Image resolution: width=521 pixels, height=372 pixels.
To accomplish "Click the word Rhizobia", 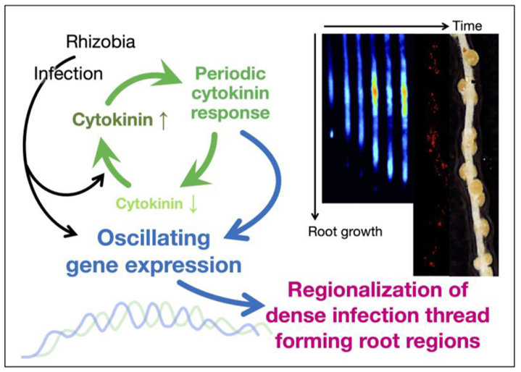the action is point(101,42).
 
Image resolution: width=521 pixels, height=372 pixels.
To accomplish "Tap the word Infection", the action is point(68,74).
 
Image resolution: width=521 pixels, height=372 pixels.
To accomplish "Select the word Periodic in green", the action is point(230,74).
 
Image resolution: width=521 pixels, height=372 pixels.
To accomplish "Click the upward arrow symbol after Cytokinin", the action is point(163,120).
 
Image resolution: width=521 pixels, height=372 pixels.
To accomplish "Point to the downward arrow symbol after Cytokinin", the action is point(193,204).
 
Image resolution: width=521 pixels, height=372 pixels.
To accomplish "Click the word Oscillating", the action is point(154,239).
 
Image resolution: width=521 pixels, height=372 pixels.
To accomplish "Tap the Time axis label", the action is point(467,26).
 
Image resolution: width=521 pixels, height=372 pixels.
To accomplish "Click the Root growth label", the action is point(345,232).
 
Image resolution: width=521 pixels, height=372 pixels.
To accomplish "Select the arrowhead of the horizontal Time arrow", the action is point(445,26).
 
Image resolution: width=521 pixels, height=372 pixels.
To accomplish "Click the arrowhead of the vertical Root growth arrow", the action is point(315,216).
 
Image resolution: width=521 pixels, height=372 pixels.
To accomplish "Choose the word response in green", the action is point(230,114).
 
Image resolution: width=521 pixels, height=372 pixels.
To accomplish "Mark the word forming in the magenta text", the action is point(309,341).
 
